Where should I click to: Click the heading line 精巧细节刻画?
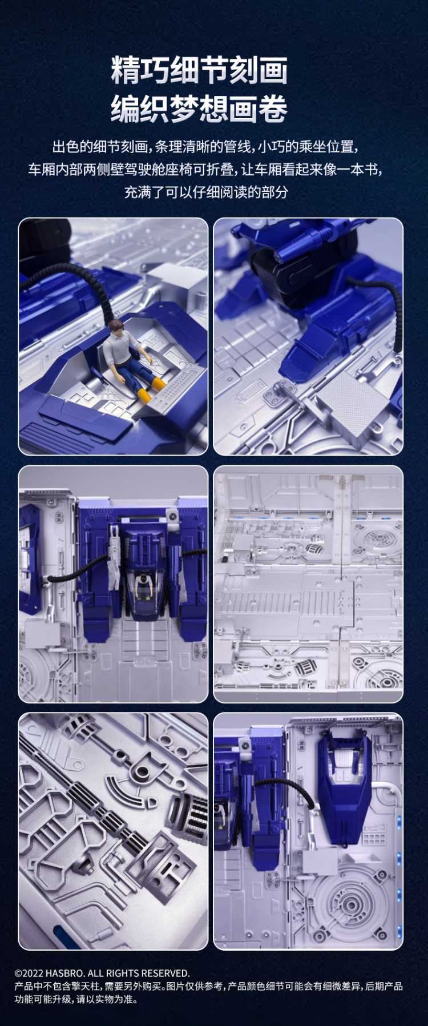pos(199,70)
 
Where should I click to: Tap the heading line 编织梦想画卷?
pos(199,109)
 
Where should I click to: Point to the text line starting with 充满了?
pos(206,192)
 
